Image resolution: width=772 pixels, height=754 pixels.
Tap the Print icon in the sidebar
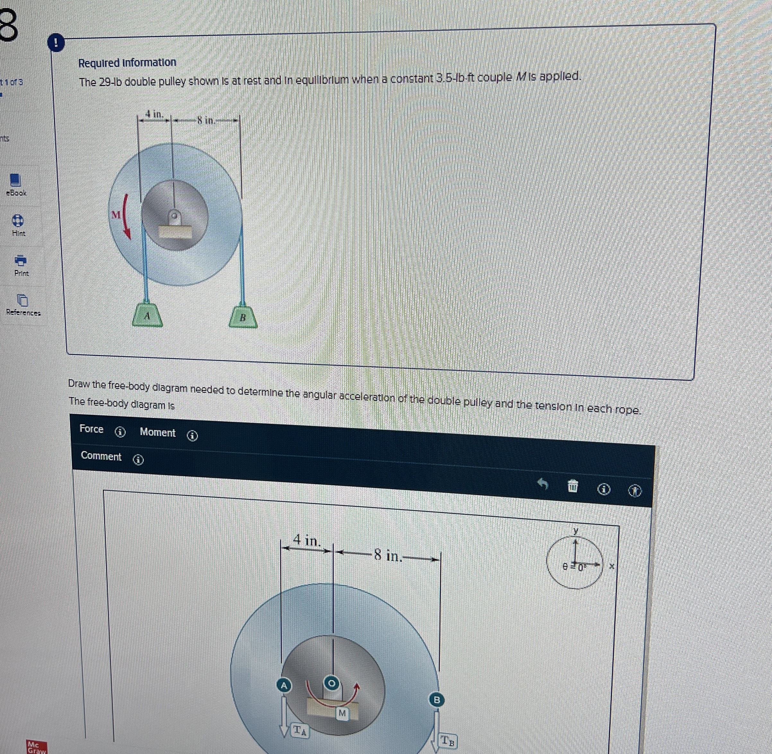(21, 260)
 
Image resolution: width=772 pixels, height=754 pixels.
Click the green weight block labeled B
(243, 317)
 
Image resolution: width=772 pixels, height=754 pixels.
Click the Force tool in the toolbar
(92, 429)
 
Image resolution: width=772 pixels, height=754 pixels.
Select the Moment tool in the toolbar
(158, 432)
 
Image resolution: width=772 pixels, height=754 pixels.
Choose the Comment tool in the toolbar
(101, 456)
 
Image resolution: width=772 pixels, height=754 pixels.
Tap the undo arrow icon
(543, 483)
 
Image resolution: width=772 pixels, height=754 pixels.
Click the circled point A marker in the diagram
(284, 685)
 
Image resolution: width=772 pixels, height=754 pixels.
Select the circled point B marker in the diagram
(436, 700)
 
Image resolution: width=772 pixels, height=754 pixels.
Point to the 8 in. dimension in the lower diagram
(388, 555)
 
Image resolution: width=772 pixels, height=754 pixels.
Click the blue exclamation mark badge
(56, 43)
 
